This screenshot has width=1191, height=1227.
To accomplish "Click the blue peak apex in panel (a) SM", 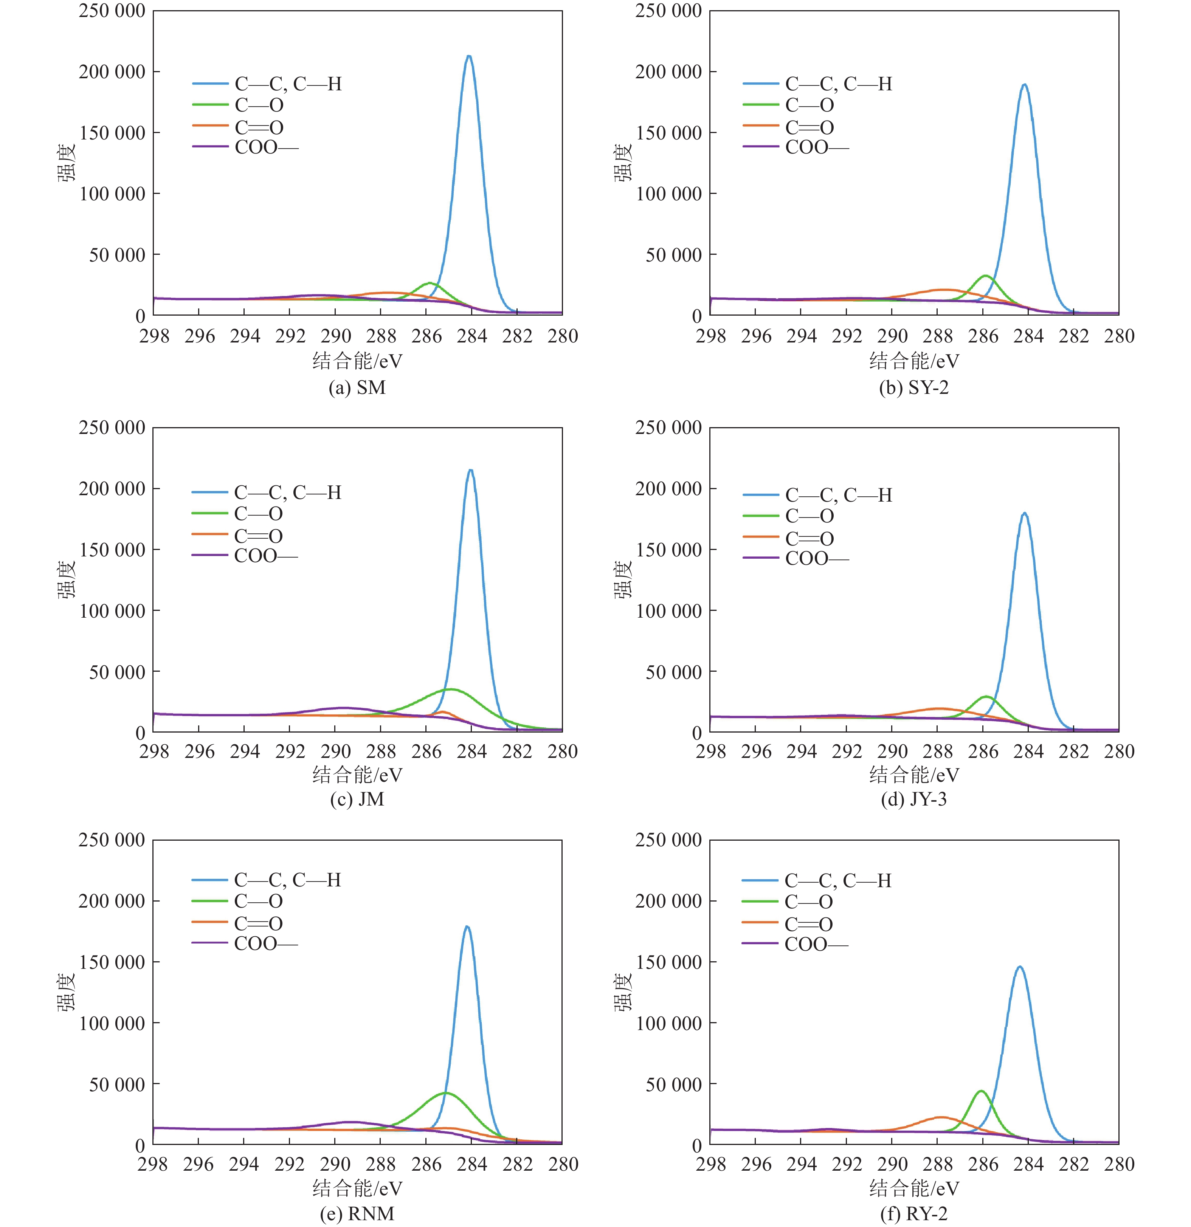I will [x=468, y=56].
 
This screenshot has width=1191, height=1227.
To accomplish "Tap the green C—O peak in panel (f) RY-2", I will [x=981, y=1091].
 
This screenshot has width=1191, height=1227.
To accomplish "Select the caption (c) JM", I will [x=357, y=799].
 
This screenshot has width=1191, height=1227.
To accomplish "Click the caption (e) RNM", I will [x=357, y=1214].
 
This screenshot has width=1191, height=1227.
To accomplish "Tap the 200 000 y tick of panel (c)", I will [x=112, y=489].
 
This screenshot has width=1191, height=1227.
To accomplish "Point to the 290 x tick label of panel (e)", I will [x=335, y=1164].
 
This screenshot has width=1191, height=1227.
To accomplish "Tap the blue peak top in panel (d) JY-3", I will [x=1024, y=513].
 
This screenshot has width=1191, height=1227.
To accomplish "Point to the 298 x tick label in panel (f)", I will [x=710, y=1164].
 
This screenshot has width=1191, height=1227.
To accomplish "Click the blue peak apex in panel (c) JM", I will [x=470, y=470].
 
